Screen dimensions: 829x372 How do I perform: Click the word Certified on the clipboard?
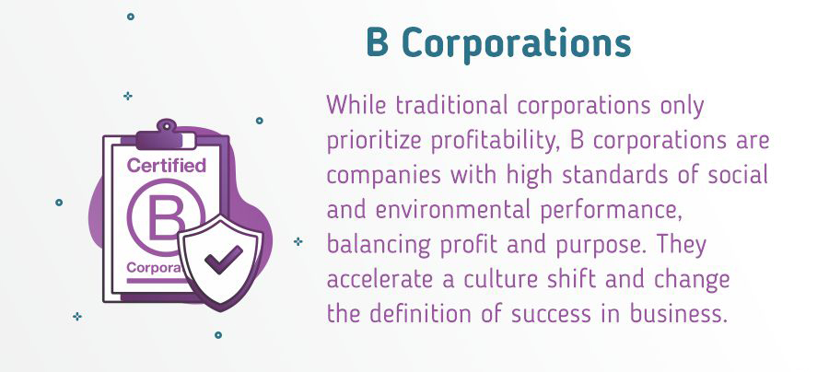point(167,166)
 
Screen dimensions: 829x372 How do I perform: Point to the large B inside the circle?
point(165,217)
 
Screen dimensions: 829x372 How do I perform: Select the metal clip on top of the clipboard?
point(166,136)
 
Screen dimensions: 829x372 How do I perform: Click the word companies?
point(384,177)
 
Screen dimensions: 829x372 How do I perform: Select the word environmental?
point(453,210)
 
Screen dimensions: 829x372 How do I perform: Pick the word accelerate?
point(379,280)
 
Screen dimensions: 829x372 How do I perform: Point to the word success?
point(551,316)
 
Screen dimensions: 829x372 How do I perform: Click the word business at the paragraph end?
point(677,314)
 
